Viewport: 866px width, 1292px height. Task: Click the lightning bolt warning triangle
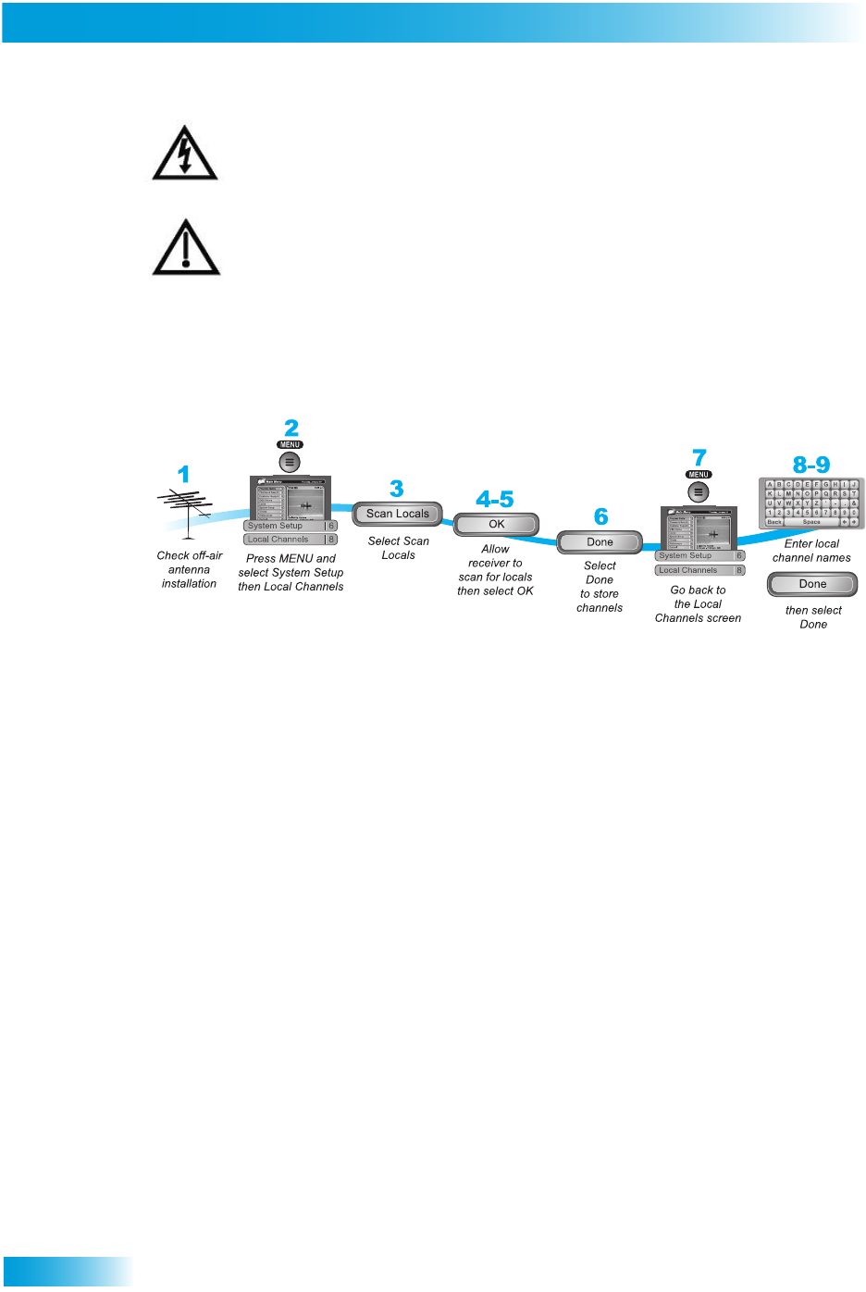click(x=185, y=154)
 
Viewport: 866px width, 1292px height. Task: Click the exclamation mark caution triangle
click(x=186, y=249)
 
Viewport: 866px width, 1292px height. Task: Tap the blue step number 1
click(x=183, y=475)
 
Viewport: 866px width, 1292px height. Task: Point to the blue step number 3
click(x=397, y=489)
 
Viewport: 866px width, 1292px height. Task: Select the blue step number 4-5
click(x=495, y=500)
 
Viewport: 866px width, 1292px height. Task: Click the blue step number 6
click(x=601, y=516)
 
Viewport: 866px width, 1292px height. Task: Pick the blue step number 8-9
click(x=811, y=465)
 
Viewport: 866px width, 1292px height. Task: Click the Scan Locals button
click(x=398, y=514)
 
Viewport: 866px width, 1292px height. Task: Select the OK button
click(x=496, y=524)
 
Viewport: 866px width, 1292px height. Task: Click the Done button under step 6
click(x=600, y=542)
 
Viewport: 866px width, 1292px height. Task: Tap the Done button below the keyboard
click(x=812, y=584)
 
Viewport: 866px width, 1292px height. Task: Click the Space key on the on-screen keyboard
click(x=811, y=522)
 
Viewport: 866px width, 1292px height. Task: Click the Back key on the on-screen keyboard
click(x=774, y=522)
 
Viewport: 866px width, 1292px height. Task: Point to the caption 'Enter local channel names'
click(x=811, y=551)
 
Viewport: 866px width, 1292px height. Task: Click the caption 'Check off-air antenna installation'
click(x=190, y=569)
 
